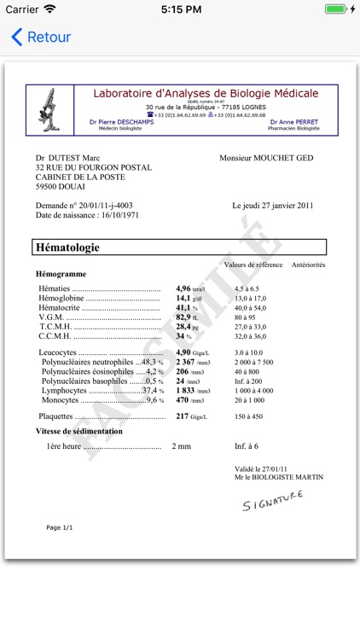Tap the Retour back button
pos(40,38)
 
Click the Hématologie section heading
pos(67,247)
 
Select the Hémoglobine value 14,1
pos(183,299)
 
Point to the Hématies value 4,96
pos(183,289)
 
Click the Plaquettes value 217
pos(182,416)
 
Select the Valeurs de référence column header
pos(253,265)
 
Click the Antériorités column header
pos(308,265)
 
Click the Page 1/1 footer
pos(60,527)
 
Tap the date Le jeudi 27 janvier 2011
pos(273,206)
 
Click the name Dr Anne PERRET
pos(293,122)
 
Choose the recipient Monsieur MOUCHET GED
pos(266,158)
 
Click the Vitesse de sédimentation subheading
pos(78,432)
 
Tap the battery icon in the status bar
pos(337,9)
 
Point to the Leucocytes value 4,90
pos(183,352)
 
